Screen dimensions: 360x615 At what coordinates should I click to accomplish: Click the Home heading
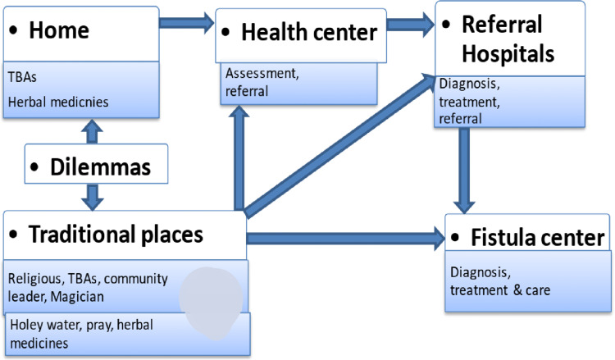pyautogui.click(x=58, y=30)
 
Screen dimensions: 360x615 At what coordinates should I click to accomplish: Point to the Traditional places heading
pyautogui.click(x=116, y=235)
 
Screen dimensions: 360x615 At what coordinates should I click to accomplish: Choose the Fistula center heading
pyautogui.click(x=538, y=239)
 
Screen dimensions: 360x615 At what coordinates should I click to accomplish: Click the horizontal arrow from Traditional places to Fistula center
pyautogui.click(x=344, y=239)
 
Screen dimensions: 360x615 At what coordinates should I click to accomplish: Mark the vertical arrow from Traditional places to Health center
pyautogui.click(x=237, y=155)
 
